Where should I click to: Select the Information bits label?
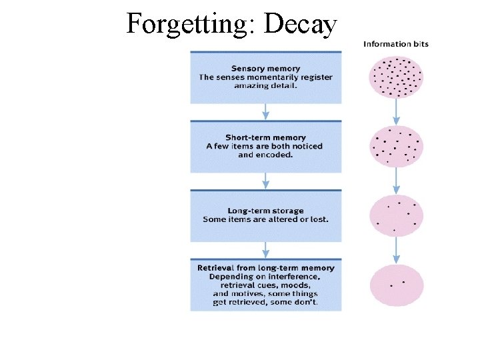pyautogui.click(x=396, y=44)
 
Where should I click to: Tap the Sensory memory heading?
pyautogui.click(x=265, y=68)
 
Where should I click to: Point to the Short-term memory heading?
pyautogui.click(x=265, y=137)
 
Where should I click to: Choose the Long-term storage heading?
pyautogui.click(x=265, y=211)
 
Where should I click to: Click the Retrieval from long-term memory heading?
pyautogui.click(x=265, y=268)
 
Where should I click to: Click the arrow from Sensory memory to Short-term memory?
pyautogui.click(x=265, y=111)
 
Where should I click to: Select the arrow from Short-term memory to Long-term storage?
pyautogui.click(x=265, y=181)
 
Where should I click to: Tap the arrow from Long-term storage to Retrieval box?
pyautogui.click(x=265, y=250)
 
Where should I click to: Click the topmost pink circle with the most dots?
pyautogui.click(x=396, y=77)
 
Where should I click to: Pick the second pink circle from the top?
pyautogui.click(x=396, y=146)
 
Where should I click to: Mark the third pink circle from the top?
pyautogui.click(x=396, y=215)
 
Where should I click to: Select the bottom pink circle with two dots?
pyautogui.click(x=396, y=285)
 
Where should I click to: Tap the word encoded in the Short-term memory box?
pyautogui.click(x=279, y=155)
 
